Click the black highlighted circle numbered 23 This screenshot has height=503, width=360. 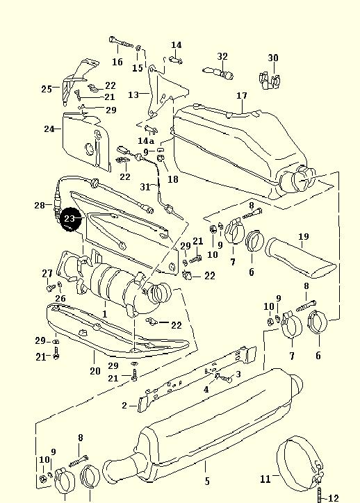[x=71, y=219]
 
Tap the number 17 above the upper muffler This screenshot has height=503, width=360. [x=242, y=96]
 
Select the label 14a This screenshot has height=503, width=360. [x=146, y=141]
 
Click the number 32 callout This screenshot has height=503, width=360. [x=222, y=56]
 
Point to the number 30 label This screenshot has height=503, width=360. [x=273, y=58]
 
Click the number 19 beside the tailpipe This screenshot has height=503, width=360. [x=304, y=237]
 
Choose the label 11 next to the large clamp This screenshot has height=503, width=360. [x=265, y=479]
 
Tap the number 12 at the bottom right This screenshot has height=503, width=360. [x=334, y=498]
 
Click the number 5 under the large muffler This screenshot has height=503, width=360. [x=207, y=481]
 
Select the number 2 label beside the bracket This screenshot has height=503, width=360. [x=125, y=406]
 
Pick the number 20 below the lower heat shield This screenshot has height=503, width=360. [x=95, y=371]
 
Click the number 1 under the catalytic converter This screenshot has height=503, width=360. [x=105, y=314]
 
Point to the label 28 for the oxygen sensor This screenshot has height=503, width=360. [x=40, y=205]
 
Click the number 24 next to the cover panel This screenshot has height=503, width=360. [x=49, y=129]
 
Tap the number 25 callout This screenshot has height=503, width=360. [x=47, y=89]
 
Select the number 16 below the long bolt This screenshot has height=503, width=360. [x=117, y=62]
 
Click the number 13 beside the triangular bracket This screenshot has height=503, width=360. [x=133, y=95]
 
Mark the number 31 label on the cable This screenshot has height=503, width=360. [x=145, y=187]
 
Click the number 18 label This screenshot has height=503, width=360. [x=173, y=179]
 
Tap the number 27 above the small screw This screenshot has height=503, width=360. [x=47, y=274]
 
